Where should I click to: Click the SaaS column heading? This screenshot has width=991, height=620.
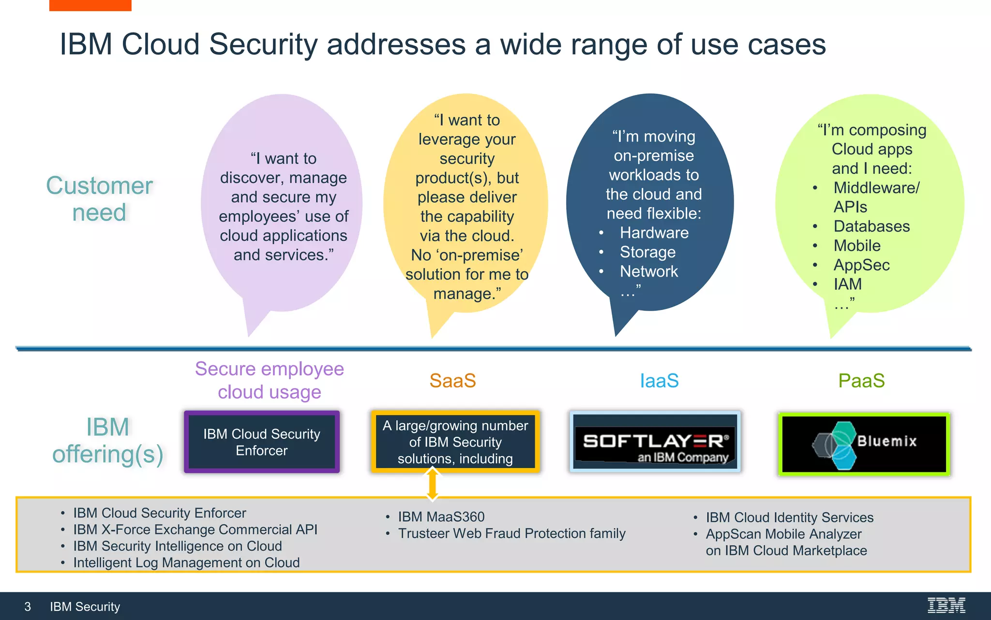point(452,381)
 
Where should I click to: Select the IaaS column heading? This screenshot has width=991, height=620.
point(659,381)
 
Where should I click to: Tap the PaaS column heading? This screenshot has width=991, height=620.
point(861,381)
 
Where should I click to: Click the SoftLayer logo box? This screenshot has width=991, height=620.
point(655,442)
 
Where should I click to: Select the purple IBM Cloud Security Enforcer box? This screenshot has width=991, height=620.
point(262,442)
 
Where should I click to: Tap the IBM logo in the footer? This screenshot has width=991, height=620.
point(946,605)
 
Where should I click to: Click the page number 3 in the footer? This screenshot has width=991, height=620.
point(28,607)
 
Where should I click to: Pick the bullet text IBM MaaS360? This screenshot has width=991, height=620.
point(441,517)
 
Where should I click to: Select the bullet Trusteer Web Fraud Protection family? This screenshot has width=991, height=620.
point(511,533)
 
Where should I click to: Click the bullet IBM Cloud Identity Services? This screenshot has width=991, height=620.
point(789,517)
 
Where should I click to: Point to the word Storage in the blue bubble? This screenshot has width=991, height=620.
point(647,252)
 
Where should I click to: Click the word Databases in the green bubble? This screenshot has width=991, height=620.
point(871,226)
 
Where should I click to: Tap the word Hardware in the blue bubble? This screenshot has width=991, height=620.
point(654,232)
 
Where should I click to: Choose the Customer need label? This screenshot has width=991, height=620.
point(99,199)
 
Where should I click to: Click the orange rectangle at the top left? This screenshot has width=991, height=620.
point(90,5)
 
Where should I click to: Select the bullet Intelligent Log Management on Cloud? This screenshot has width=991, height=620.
point(186,562)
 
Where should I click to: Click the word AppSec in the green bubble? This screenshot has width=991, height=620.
point(861,265)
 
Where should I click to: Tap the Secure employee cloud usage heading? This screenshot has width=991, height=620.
point(269,380)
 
